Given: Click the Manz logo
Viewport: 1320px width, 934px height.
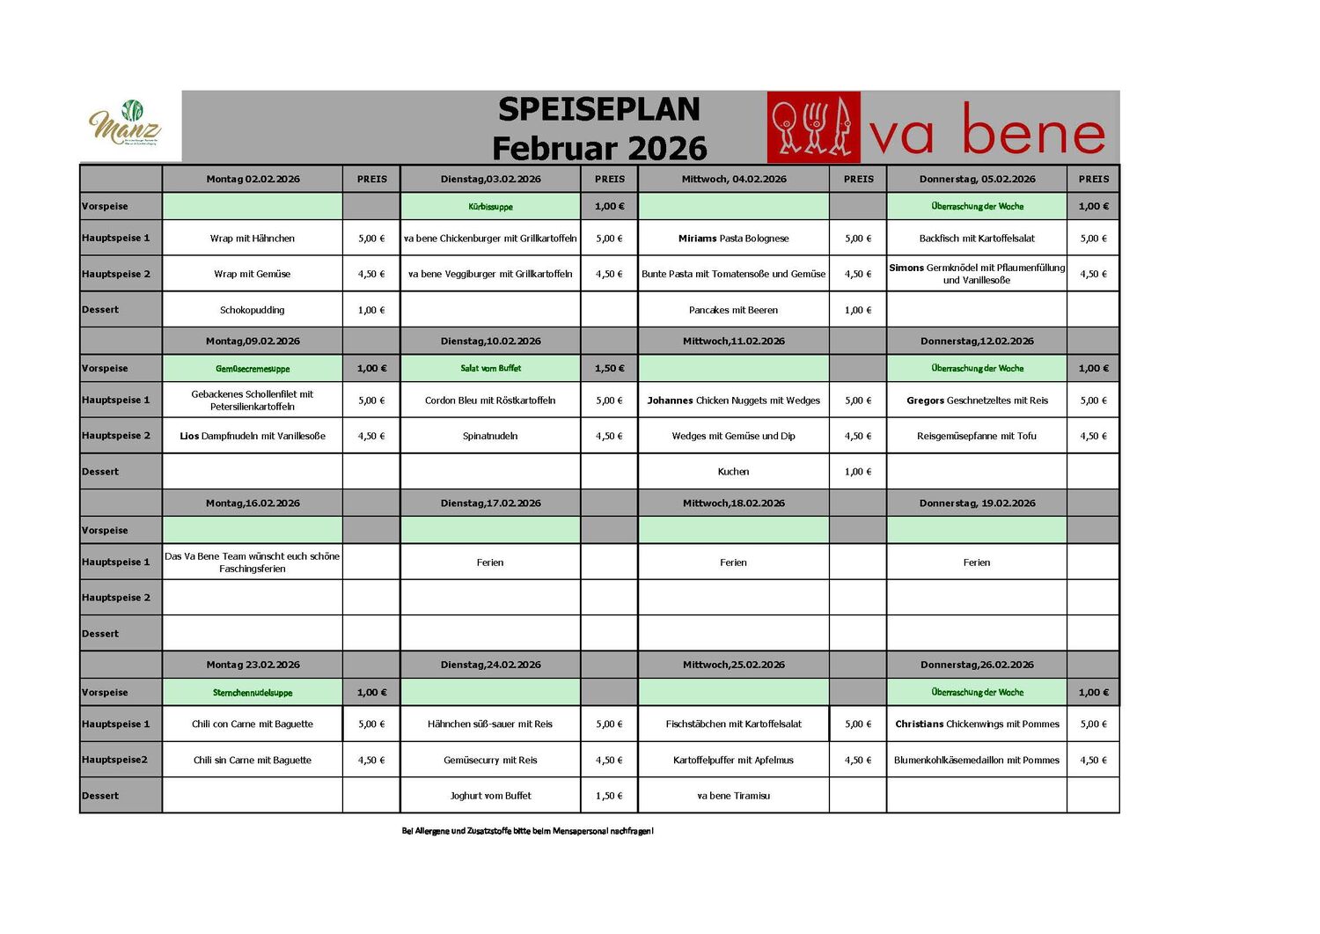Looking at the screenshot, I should click(x=126, y=123).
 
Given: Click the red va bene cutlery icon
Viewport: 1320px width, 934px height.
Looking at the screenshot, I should click(x=813, y=129).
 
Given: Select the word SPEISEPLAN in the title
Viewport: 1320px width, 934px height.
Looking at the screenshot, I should click(x=599, y=109).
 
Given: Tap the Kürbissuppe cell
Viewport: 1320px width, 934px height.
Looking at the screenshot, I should click(x=490, y=207).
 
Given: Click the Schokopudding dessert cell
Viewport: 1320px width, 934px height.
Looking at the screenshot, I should click(x=253, y=310).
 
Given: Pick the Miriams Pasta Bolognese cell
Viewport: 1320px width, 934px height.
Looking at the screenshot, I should click(x=733, y=239).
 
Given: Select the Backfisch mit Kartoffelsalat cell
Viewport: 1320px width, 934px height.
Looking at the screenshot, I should click(x=977, y=239).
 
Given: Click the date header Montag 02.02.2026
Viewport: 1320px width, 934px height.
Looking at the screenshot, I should click(x=253, y=179).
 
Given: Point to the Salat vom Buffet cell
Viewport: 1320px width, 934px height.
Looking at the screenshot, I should click(x=490, y=369).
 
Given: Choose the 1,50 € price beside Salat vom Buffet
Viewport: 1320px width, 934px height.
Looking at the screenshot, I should click(x=609, y=369).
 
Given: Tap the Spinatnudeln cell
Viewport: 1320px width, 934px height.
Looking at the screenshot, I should click(x=490, y=436).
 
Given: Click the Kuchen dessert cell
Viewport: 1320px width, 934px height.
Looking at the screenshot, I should click(x=733, y=472).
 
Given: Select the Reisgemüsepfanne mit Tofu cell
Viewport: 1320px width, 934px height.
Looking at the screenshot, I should click(x=977, y=436).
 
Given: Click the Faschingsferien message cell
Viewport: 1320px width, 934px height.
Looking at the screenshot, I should click(x=253, y=563).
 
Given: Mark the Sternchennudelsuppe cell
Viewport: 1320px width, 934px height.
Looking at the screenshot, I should click(x=253, y=693).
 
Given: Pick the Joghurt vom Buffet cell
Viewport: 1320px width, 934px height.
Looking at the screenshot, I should click(x=490, y=796).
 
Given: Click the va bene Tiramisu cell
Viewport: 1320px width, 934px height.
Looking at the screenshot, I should click(x=733, y=796).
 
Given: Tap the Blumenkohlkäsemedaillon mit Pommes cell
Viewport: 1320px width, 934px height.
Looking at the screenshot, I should click(x=977, y=760).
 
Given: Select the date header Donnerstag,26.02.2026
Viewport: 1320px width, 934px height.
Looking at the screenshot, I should click(x=977, y=665).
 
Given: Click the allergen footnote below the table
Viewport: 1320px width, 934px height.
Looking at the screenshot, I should click(x=527, y=831).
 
